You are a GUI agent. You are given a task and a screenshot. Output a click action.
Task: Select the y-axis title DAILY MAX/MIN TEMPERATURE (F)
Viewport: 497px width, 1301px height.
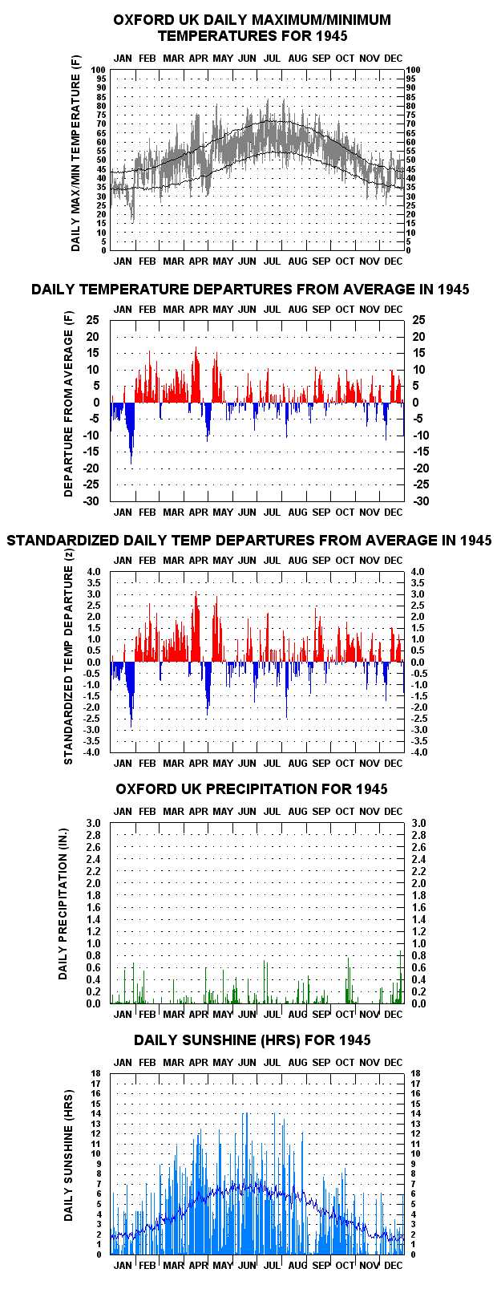coord(76,153)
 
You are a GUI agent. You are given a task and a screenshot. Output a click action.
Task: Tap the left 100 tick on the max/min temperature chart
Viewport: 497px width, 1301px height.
coord(99,70)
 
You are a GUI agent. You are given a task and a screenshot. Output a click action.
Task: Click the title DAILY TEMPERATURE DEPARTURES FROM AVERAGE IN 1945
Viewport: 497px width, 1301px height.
coord(250,290)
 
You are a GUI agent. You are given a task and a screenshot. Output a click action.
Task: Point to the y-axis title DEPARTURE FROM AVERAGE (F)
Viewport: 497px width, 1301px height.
coord(69,404)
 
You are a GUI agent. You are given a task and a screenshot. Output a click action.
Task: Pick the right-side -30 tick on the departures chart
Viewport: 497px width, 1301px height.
coord(420,501)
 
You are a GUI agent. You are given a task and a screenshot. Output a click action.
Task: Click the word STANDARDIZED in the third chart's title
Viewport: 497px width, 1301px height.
coord(63,541)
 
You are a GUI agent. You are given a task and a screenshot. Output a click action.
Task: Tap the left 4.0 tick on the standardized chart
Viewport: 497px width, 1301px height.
coord(94,572)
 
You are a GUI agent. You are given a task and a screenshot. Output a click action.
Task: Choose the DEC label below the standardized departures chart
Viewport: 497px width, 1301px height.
coord(393,763)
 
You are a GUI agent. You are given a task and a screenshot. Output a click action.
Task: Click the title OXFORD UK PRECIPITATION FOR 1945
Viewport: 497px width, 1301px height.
coord(252,789)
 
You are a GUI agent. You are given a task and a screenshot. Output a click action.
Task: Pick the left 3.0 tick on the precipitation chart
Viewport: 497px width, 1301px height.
coord(94,823)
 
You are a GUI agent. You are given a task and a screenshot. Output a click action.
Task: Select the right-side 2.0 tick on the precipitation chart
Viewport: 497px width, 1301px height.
coord(418,883)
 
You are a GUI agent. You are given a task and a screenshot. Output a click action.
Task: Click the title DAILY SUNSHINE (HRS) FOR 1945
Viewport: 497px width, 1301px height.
coord(253,1040)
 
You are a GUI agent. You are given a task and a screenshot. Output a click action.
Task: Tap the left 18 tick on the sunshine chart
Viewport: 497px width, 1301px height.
coord(96,1073)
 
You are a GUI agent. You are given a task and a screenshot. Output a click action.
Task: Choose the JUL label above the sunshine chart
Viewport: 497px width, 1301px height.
coord(272,1062)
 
